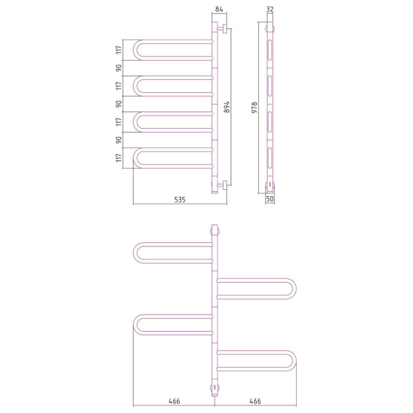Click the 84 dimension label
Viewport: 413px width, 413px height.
(219, 9)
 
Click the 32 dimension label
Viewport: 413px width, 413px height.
(270, 9)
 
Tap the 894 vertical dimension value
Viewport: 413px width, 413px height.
(226, 107)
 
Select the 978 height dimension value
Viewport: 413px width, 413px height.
(255, 107)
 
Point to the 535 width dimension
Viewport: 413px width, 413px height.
(180, 200)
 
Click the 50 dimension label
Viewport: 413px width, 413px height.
(270, 199)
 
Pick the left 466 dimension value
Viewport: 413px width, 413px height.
(174, 401)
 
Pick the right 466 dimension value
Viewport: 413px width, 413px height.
(255, 401)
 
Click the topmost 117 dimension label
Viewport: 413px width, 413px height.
(119, 50)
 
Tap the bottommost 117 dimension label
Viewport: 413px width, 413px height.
(119, 158)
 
